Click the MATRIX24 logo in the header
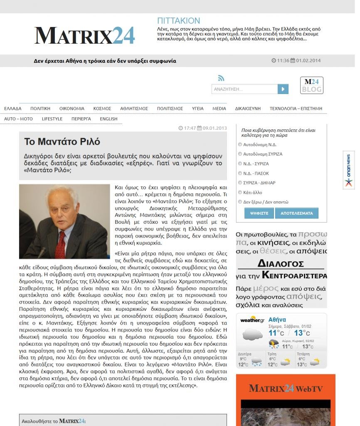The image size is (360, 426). coord(84,35)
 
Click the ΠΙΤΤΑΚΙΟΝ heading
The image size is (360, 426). coord(178,21)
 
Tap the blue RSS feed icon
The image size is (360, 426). coord(221,78)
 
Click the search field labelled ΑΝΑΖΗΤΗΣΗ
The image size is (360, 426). coord(244,89)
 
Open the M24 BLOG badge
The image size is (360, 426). coord(311,85)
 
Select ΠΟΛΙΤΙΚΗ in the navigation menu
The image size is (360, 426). coord(40,109)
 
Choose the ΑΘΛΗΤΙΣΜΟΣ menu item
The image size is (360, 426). coord(134,109)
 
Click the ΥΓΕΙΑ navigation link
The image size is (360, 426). coord(197,109)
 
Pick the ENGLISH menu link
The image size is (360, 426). coord(108,119)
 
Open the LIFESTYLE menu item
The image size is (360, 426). coord(52,119)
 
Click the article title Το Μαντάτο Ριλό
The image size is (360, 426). coord(62,141)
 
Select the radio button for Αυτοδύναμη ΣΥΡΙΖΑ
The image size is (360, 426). coord(240,154)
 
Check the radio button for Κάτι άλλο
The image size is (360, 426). coord(240,192)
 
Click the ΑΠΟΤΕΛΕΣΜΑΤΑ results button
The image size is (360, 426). coord(297,213)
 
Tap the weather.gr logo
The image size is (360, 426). coord(252,320)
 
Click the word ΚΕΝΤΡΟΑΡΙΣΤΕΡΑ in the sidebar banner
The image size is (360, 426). coord(294,275)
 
